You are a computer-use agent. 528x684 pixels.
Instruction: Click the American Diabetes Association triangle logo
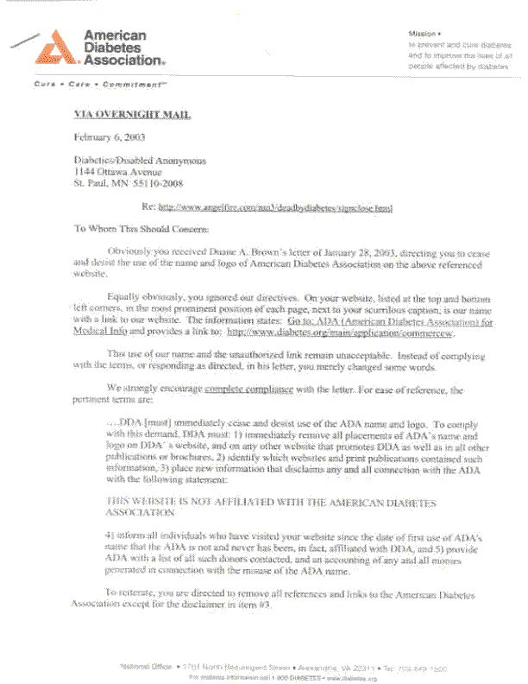[x=55, y=47]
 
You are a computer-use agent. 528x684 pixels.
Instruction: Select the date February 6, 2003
[x=109, y=137]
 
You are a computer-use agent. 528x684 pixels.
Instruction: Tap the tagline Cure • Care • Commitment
[x=89, y=85]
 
